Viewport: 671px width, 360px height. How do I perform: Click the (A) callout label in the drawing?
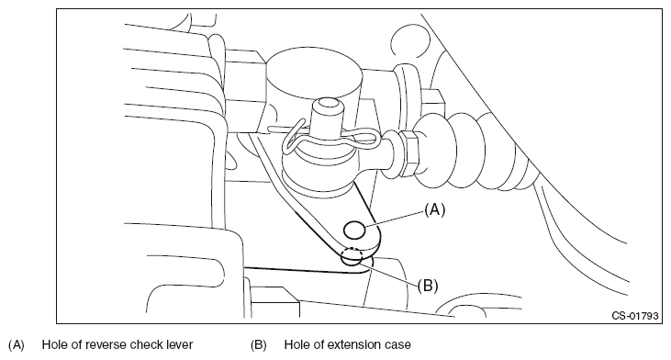tap(435, 209)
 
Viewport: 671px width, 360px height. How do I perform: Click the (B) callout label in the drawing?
tap(428, 286)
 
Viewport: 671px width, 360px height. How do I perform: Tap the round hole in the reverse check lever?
tap(354, 231)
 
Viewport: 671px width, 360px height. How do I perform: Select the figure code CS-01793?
tap(634, 316)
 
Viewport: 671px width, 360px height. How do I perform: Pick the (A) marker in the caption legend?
tap(17, 344)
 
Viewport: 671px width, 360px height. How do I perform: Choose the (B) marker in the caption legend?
tap(259, 344)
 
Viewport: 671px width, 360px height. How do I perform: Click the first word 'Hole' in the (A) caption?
tap(54, 344)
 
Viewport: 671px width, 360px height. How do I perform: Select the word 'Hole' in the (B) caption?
tap(297, 344)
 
